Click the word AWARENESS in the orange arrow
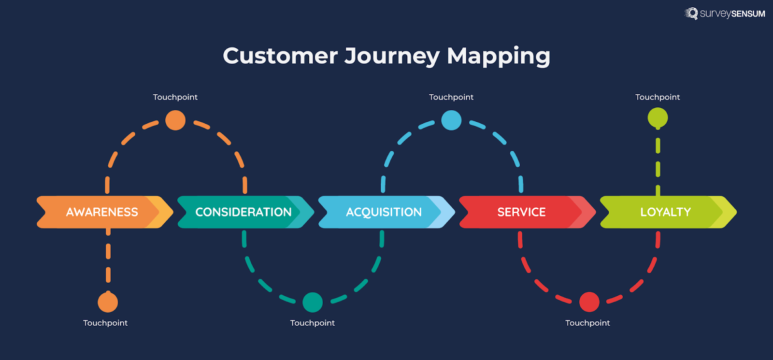pyautogui.click(x=102, y=212)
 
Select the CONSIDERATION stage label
pyautogui.click(x=243, y=212)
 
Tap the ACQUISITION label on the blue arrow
pyautogui.click(x=384, y=212)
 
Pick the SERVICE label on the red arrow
pyautogui.click(x=521, y=212)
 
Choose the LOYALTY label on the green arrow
pyautogui.click(x=665, y=212)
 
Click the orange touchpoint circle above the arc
pyautogui.click(x=175, y=120)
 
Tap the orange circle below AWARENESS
pyautogui.click(x=108, y=302)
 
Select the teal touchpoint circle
pyautogui.click(x=313, y=302)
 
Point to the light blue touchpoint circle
pyautogui.click(x=451, y=120)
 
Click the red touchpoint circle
pyautogui.click(x=589, y=302)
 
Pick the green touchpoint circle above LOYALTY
pyautogui.click(x=658, y=118)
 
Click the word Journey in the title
pyautogui.click(x=392, y=56)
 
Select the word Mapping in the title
pyautogui.click(x=498, y=56)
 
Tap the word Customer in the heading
pyautogui.click(x=280, y=56)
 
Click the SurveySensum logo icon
pyautogui.click(x=691, y=14)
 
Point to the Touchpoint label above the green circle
pyautogui.click(x=657, y=97)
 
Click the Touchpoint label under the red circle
pyautogui.click(x=587, y=323)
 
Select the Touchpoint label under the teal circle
pyautogui.click(x=312, y=323)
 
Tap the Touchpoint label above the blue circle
pyautogui.click(x=451, y=97)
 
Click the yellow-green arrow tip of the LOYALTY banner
pyautogui.click(x=728, y=212)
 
